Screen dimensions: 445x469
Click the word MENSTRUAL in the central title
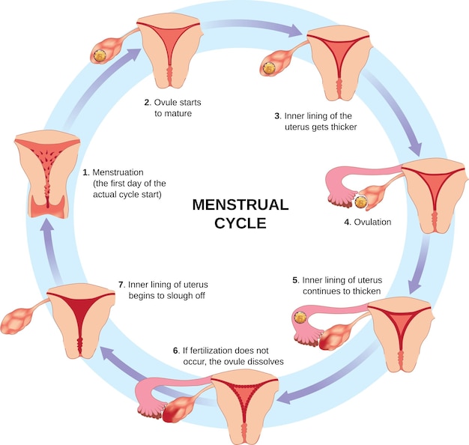click(240, 205)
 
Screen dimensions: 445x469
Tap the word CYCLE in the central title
click(240, 222)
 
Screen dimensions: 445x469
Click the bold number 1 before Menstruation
click(85, 172)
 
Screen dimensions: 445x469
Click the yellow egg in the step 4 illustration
click(361, 201)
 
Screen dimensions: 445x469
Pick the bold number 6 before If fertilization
click(175, 350)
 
